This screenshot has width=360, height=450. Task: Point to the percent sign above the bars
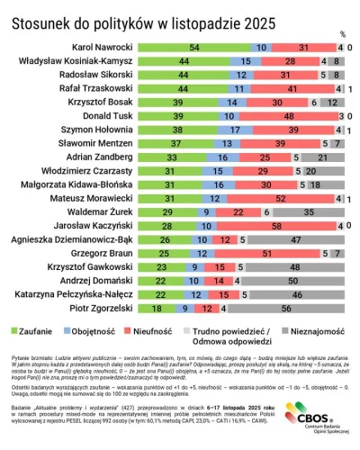coord(341,34)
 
